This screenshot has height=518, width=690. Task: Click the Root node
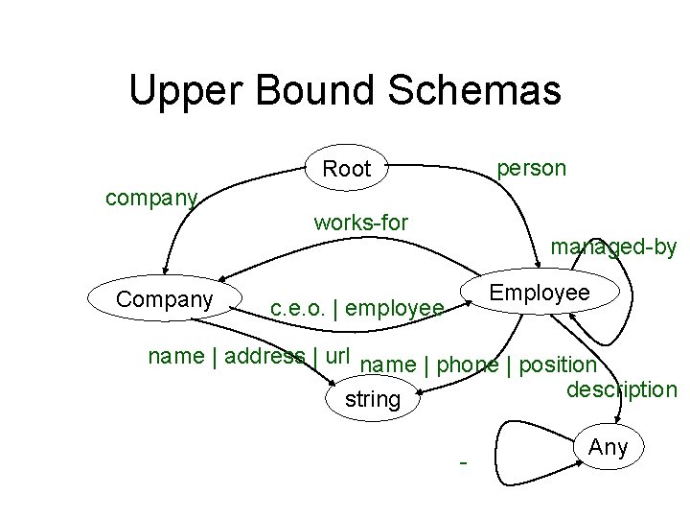click(x=346, y=170)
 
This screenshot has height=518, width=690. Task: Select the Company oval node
click(x=164, y=299)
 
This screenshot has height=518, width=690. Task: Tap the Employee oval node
click(x=540, y=293)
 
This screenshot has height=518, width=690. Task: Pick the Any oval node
click(x=608, y=447)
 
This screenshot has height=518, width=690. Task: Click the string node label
click(x=372, y=399)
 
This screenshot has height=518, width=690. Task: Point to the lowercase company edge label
click(x=151, y=199)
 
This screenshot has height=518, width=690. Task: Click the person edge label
click(x=531, y=168)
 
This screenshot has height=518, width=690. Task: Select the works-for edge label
click(x=360, y=223)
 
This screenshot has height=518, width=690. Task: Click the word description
click(x=621, y=389)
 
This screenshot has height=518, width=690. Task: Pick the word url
click(x=338, y=355)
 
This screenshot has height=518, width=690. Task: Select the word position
click(x=558, y=365)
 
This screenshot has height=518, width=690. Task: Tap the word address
click(x=265, y=357)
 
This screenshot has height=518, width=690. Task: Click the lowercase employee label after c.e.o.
click(x=395, y=309)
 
